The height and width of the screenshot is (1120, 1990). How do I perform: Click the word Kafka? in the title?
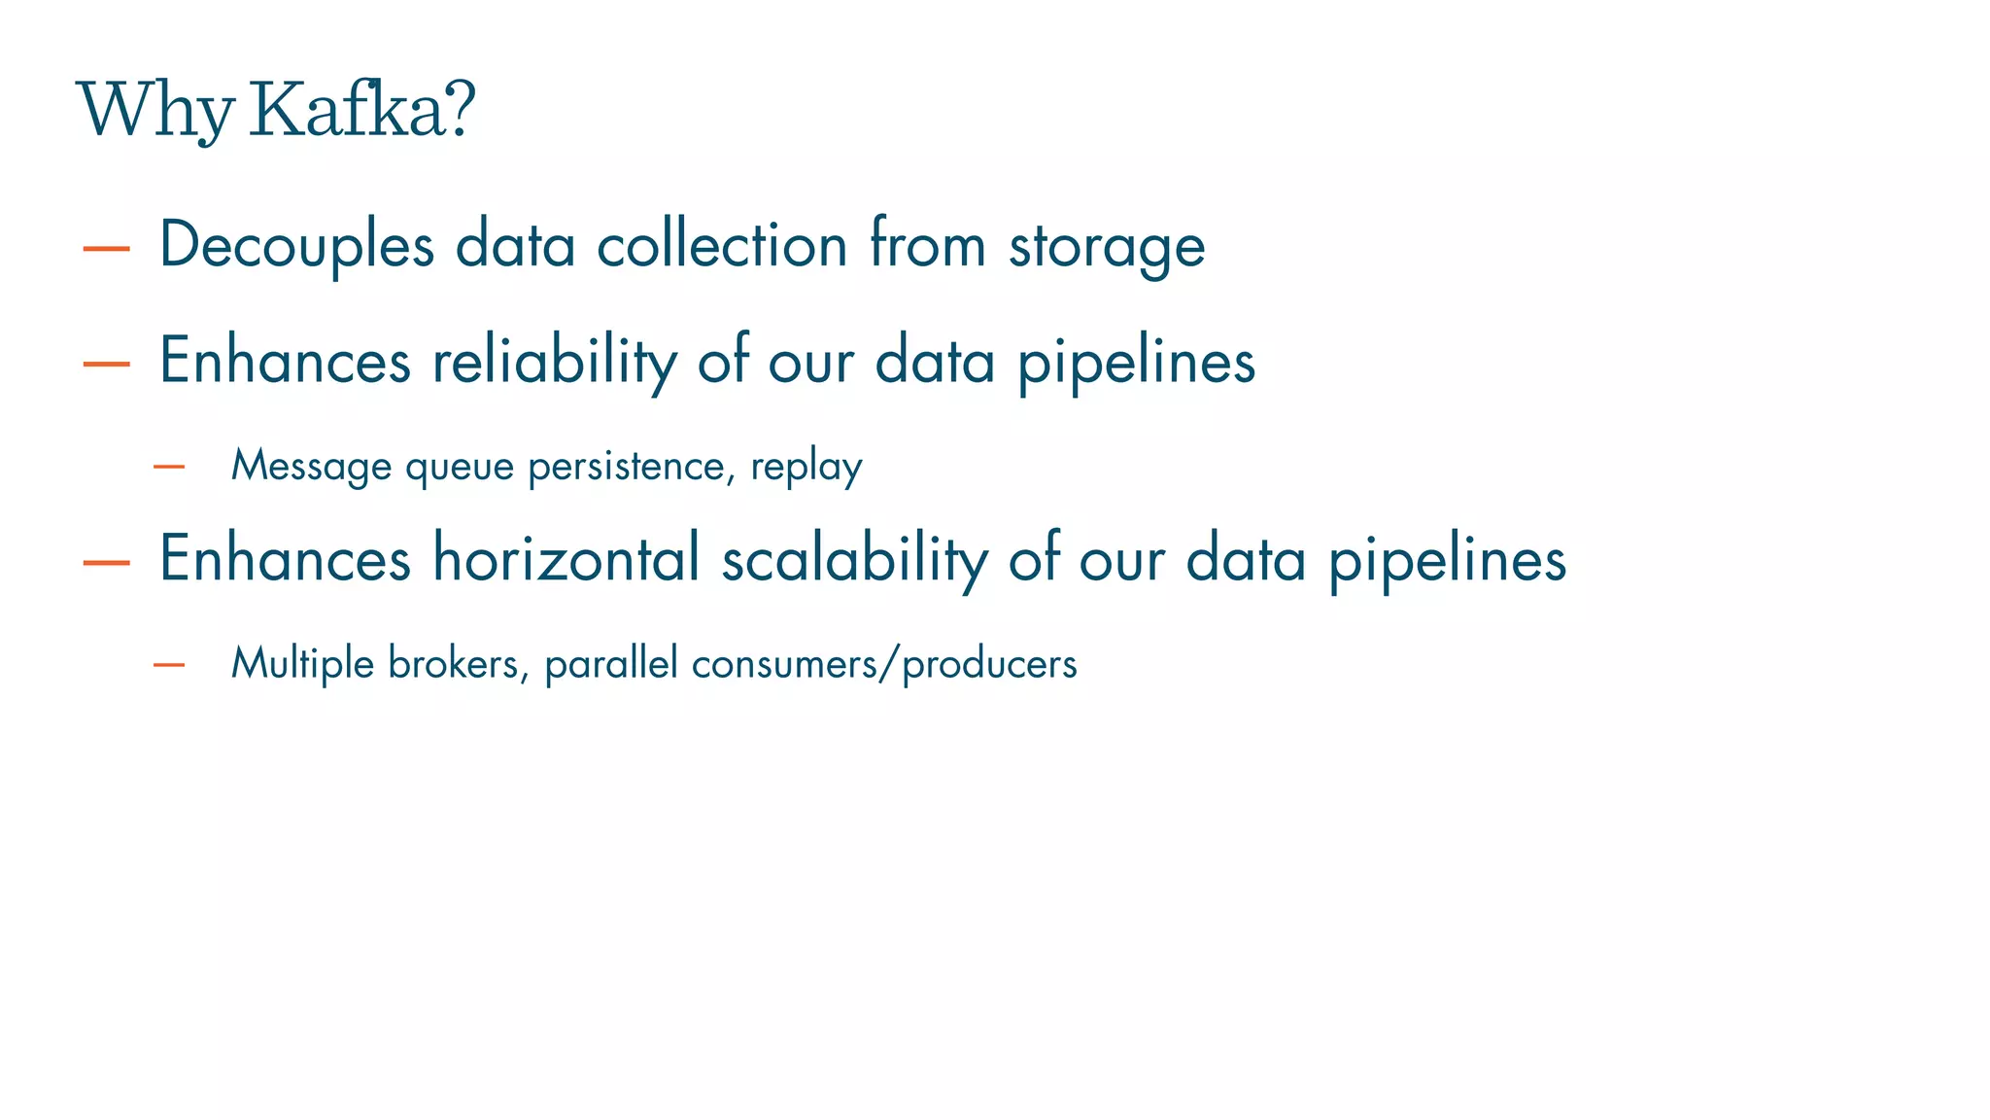tap(362, 110)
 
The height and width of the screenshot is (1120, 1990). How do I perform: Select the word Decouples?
tap(296, 245)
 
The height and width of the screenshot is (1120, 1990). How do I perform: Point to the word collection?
tap(722, 244)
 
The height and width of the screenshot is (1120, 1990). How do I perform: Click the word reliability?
tap(554, 361)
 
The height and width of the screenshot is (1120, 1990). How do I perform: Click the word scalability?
tap(854, 559)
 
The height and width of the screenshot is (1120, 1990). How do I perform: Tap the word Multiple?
tap(302, 663)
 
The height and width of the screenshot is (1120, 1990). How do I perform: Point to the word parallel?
tap(611, 663)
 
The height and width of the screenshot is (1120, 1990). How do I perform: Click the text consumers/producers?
tap(884, 664)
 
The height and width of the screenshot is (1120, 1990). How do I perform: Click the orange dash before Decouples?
tap(107, 249)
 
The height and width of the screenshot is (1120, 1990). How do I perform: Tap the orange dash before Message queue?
tap(169, 468)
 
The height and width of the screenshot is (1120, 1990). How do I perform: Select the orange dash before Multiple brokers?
tap(169, 665)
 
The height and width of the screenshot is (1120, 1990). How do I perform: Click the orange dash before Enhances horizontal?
tap(107, 562)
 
